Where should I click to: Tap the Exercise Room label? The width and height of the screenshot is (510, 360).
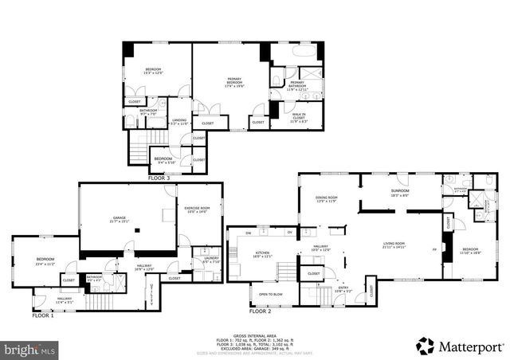(x=198, y=209)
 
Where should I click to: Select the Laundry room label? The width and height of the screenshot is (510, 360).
(x=210, y=260)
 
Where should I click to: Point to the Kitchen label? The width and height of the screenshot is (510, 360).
(x=262, y=255)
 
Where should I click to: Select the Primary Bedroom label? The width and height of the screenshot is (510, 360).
(x=234, y=80)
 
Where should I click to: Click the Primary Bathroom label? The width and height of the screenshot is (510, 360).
(x=296, y=86)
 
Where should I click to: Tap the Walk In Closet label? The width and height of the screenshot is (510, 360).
(x=298, y=118)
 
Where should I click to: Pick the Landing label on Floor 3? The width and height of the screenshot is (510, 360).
(x=179, y=122)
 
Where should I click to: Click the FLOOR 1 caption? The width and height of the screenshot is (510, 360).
(x=43, y=316)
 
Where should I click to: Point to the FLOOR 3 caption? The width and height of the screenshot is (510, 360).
(x=159, y=178)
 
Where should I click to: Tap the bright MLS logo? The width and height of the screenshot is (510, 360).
(x=30, y=348)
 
